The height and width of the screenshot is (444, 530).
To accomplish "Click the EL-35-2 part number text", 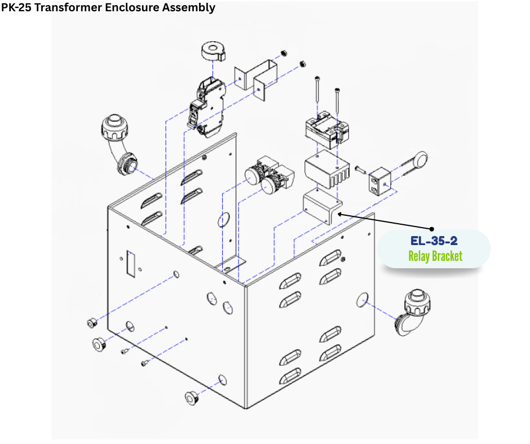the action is coord(434,241).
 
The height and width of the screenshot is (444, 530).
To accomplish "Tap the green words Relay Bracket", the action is coord(435,256).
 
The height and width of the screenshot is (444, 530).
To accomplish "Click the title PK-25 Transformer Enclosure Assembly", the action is coord(108,7).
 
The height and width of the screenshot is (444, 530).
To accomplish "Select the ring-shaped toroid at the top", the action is coord(213,51).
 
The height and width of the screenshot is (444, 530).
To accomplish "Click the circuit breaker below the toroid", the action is coord(206,108).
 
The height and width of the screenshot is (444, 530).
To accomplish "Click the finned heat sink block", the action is coord(327,169).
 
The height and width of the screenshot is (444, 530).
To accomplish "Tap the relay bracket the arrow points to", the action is coord(322,206).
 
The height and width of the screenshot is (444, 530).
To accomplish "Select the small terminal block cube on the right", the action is coord(379,181).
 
